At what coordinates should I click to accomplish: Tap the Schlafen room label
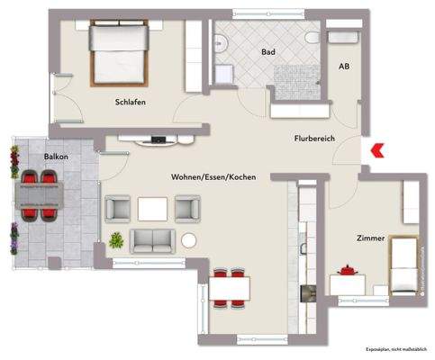click(x=130, y=102)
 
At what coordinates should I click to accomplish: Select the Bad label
click(x=267, y=53)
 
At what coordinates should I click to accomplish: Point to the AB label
click(x=343, y=67)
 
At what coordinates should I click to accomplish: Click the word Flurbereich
click(x=314, y=138)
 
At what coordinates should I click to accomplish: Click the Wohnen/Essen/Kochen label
click(x=213, y=177)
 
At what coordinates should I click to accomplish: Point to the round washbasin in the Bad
click(x=219, y=40)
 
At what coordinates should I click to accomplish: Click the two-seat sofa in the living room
click(x=154, y=240)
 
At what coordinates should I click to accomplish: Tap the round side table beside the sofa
click(x=189, y=240)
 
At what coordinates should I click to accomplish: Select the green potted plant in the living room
click(x=116, y=239)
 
